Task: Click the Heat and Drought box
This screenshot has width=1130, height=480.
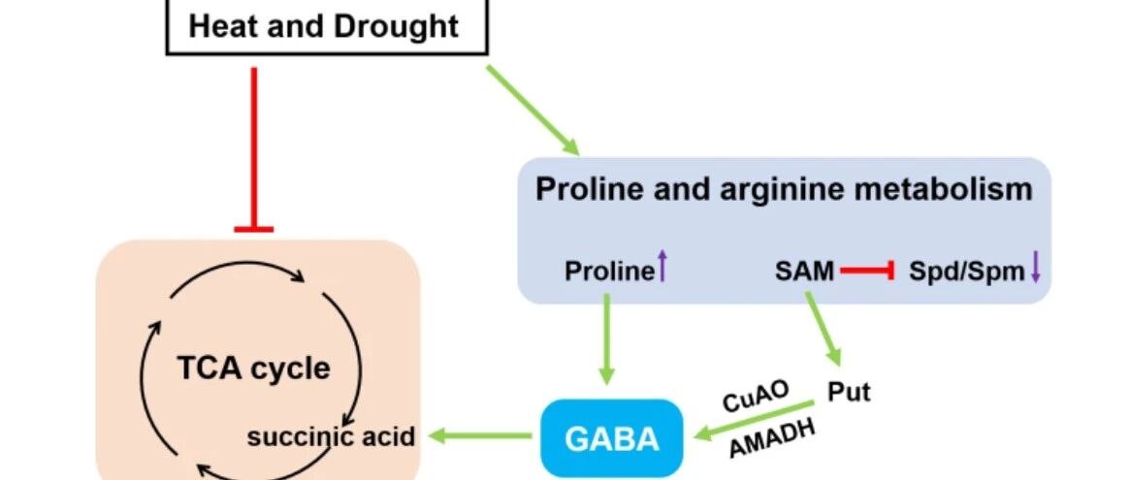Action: [323, 26]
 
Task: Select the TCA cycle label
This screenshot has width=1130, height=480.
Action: [253, 368]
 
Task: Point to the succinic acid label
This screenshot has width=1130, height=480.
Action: [331, 437]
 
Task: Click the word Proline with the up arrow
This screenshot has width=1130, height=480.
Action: [609, 272]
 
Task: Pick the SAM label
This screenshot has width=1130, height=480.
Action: [804, 272]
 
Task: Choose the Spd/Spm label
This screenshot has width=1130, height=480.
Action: [966, 272]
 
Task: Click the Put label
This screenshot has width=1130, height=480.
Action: [849, 393]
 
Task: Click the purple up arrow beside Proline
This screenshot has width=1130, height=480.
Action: [662, 266]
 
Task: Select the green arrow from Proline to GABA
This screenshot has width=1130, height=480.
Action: [608, 339]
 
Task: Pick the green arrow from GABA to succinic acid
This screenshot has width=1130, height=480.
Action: [481, 438]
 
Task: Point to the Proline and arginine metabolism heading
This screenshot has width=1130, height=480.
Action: [784, 188]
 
